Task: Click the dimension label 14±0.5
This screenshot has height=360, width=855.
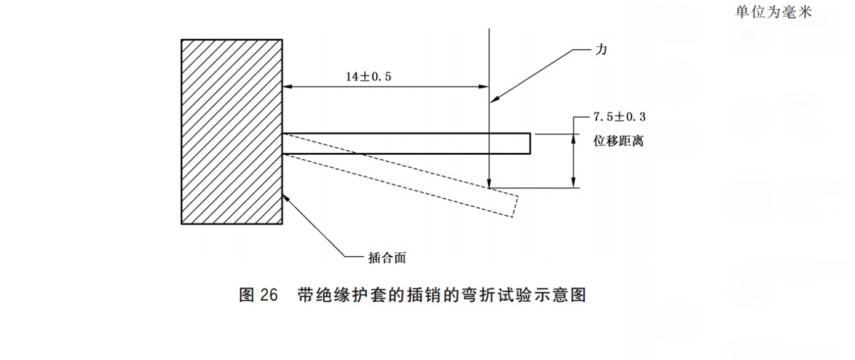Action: [372, 76]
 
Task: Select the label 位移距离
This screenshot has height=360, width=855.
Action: [618, 141]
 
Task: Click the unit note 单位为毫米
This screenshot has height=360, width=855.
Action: [773, 13]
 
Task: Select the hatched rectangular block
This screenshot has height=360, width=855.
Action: [232, 131]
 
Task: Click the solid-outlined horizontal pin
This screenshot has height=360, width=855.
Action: [407, 143]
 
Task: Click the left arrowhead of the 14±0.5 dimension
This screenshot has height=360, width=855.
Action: [287, 87]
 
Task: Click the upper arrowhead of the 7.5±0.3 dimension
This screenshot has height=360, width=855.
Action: [573, 136]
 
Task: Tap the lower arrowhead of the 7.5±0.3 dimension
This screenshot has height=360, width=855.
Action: [573, 183]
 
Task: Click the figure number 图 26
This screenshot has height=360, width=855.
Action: [258, 295]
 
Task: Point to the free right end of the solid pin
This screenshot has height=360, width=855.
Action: [530, 143]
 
